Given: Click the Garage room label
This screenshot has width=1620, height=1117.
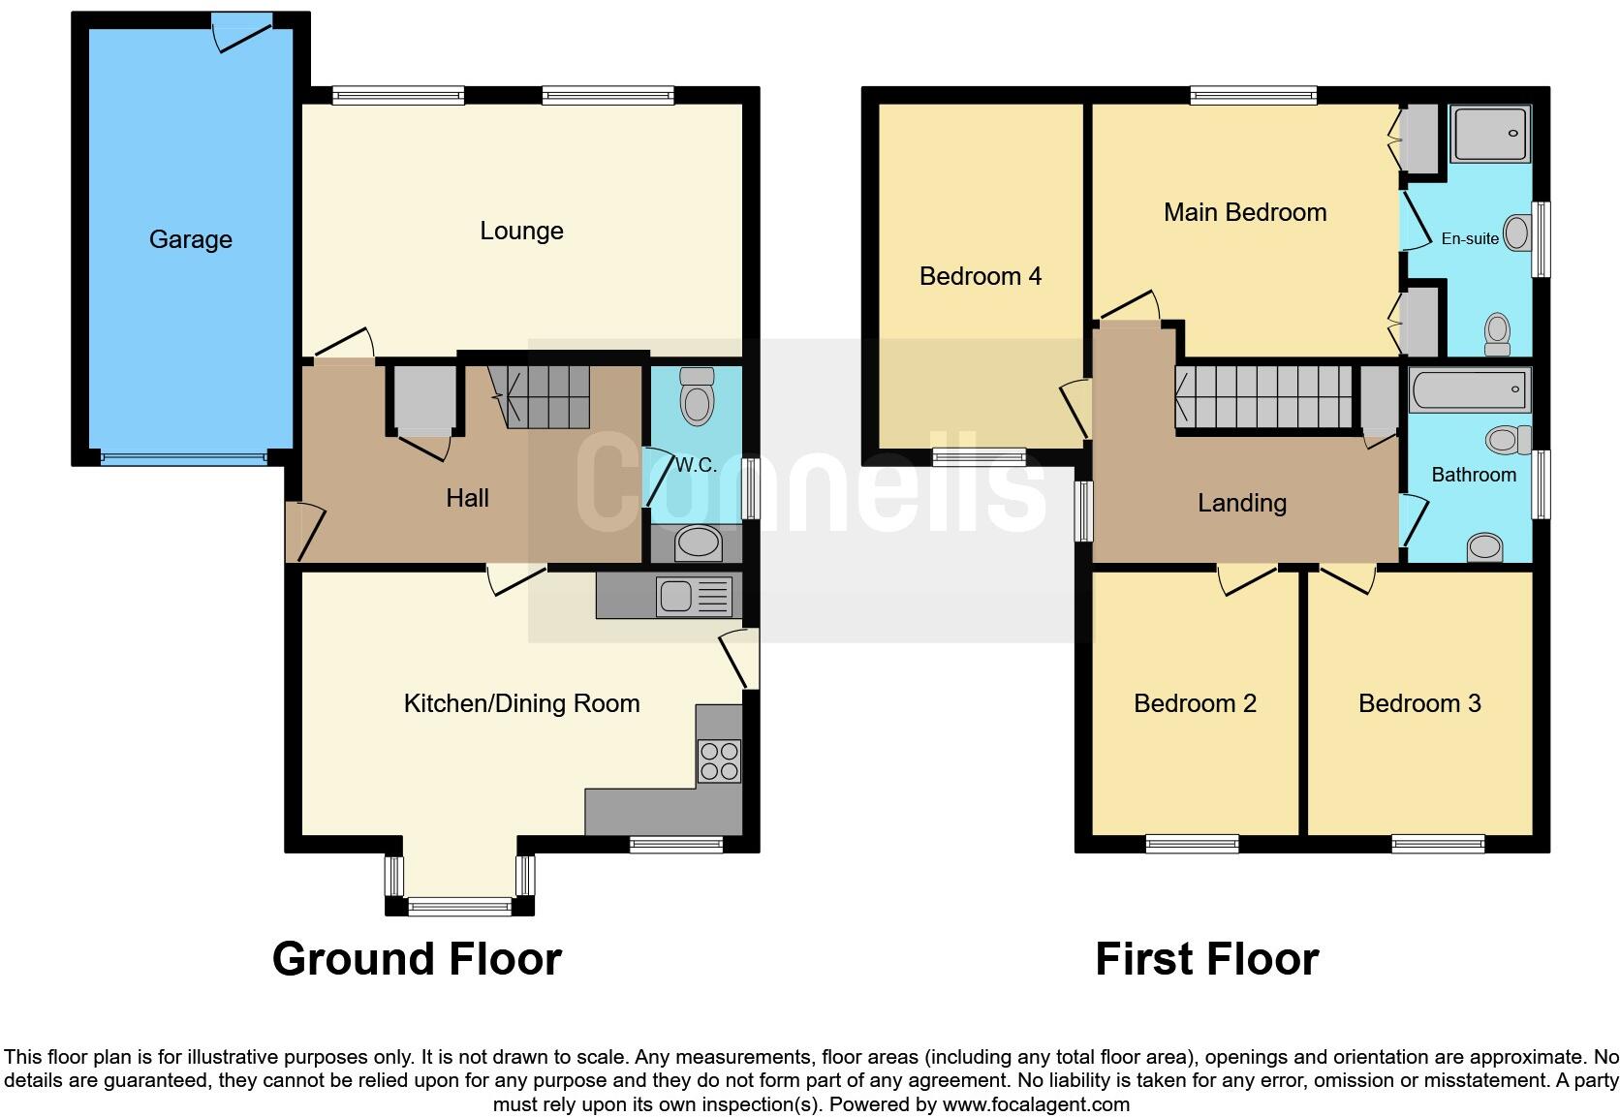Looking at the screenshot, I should (x=190, y=239).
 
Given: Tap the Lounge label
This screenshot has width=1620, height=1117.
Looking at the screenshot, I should (x=521, y=231).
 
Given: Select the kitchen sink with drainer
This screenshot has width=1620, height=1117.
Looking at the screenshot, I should (x=694, y=596).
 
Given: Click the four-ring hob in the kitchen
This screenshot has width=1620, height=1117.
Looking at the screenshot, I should (x=719, y=760).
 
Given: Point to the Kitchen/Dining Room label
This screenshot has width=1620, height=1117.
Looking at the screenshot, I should (x=521, y=703).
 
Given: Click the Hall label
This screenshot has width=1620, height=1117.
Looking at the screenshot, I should (x=467, y=498).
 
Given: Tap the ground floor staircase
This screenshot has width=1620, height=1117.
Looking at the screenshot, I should (x=547, y=395).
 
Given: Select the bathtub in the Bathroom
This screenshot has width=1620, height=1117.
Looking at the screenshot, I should (x=1469, y=391).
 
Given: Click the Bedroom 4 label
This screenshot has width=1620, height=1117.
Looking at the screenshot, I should (x=980, y=276).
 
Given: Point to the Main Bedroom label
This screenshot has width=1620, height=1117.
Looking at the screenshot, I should (x=1245, y=212).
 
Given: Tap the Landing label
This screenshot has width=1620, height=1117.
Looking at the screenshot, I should (x=1241, y=503).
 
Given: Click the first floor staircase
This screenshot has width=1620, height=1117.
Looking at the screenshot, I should (x=1264, y=395).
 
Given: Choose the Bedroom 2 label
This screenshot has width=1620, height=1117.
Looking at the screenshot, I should (x=1195, y=703).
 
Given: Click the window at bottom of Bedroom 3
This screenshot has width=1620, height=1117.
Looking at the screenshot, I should (x=1438, y=844).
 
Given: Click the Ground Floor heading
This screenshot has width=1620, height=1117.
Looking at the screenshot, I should (x=417, y=958).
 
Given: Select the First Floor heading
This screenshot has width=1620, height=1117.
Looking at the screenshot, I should (x=1206, y=959).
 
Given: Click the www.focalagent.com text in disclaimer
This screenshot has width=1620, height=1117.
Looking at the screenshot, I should (x=1035, y=1104).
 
